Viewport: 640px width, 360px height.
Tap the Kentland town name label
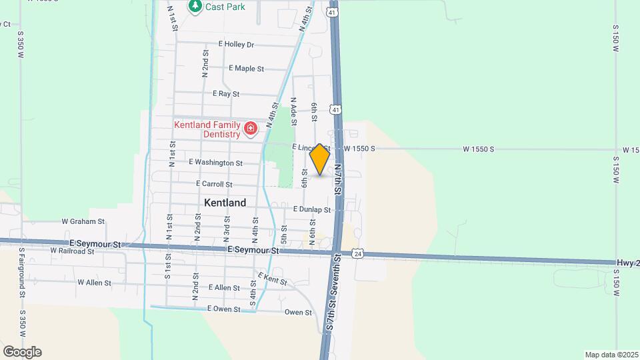tap(225, 203)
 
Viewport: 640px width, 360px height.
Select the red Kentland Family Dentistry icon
tap(251, 128)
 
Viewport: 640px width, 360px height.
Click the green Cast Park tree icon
tap(195, 7)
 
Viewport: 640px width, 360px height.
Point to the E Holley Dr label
tap(237, 45)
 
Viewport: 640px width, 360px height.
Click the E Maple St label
tap(246, 69)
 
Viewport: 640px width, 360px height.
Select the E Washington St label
tap(215, 162)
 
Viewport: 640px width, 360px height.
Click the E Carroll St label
tap(214, 184)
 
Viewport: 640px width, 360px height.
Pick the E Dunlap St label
tap(311, 209)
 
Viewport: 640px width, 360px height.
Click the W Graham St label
tap(83, 221)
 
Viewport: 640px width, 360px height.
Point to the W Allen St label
tap(94, 283)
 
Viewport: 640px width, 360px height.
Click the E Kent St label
tap(272, 279)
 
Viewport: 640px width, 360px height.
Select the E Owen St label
tap(223, 309)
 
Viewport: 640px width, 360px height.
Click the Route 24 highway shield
tap(358, 254)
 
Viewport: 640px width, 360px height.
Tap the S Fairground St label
tap(22, 273)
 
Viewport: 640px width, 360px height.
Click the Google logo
tap(22, 352)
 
